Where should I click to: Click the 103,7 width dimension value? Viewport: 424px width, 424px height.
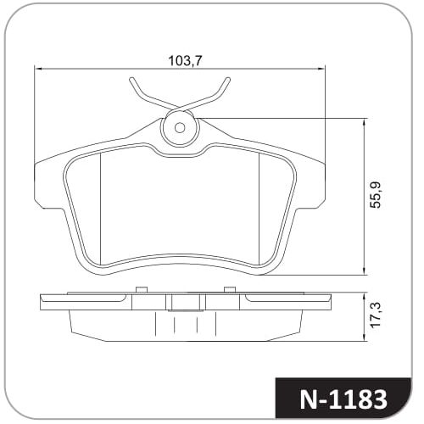186,60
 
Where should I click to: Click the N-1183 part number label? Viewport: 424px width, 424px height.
343,399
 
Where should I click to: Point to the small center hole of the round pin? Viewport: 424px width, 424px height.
180,128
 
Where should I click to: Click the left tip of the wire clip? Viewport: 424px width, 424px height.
131,80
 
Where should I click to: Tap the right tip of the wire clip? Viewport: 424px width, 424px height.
228,80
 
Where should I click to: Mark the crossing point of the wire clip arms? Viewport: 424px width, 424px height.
180,108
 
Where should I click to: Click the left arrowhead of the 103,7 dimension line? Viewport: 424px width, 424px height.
37,69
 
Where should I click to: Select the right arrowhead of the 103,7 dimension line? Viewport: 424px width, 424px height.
321,69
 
